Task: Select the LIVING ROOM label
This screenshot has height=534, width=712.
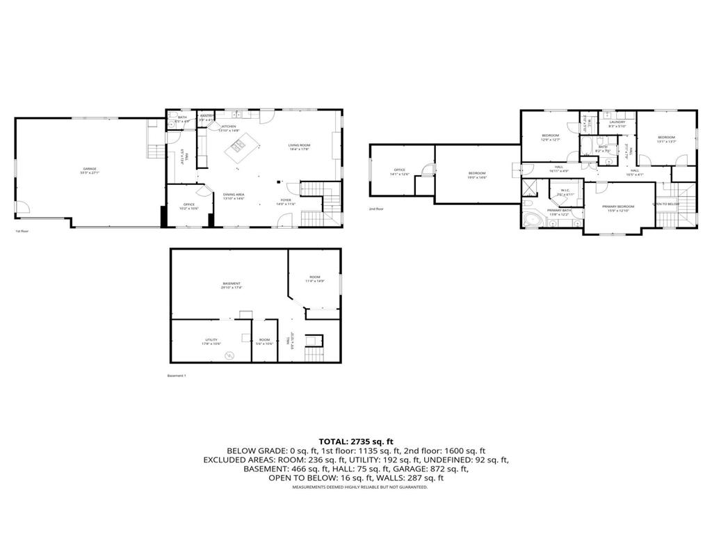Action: [299, 146]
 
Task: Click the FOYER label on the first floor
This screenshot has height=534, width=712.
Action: [286, 201]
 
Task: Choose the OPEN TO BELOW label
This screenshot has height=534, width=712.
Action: [665, 204]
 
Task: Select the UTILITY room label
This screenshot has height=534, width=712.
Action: [211, 341]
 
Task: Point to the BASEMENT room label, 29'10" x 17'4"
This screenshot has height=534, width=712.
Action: [232, 284]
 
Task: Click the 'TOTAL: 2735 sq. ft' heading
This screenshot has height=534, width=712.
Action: [356, 442]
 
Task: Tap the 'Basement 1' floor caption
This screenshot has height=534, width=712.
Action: [177, 375]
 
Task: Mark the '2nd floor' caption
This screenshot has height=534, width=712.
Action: [375, 209]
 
